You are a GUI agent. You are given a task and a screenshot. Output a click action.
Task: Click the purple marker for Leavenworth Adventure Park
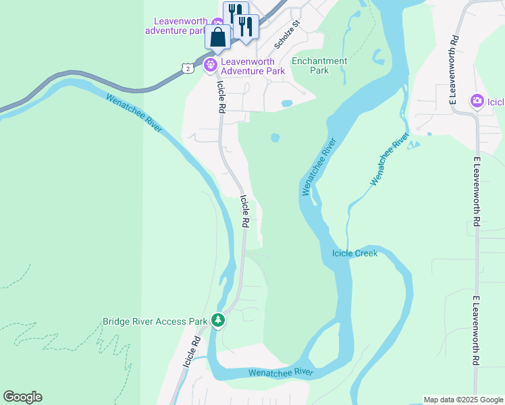(209, 65)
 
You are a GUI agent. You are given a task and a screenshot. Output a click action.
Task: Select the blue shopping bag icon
(218, 37)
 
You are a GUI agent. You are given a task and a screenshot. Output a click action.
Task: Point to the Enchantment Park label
(319, 65)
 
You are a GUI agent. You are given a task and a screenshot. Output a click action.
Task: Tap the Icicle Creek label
(354, 253)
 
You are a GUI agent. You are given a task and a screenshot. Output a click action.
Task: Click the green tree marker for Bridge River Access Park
(218, 319)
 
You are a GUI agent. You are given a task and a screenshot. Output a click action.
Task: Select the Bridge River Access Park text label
(155, 321)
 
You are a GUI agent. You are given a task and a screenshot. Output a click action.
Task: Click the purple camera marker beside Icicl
(477, 101)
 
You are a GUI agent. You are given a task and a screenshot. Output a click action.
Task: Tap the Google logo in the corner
(22, 396)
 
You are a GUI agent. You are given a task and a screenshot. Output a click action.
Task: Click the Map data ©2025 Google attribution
(462, 400)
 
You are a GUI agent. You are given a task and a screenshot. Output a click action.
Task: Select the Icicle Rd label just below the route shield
(221, 97)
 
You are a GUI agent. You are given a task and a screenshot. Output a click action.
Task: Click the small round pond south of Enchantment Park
(275, 138)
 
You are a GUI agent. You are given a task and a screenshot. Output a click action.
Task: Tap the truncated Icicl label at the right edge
(496, 103)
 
